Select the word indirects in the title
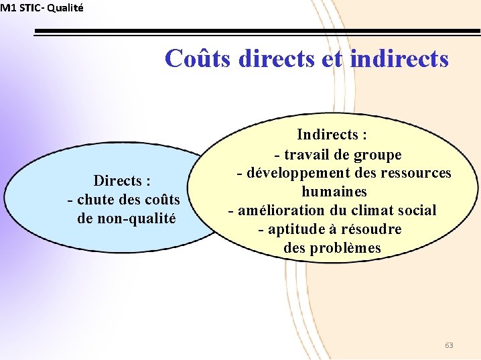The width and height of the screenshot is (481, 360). tap(399, 59)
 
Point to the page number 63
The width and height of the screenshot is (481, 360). tap(449, 345)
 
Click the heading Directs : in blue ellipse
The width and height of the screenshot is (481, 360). tap(121, 181)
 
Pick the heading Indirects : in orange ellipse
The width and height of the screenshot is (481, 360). tap(332, 135)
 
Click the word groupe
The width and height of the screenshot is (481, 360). tap(377, 155)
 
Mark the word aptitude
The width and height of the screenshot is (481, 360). tap(298, 229)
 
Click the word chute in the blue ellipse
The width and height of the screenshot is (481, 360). tap(96, 200)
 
